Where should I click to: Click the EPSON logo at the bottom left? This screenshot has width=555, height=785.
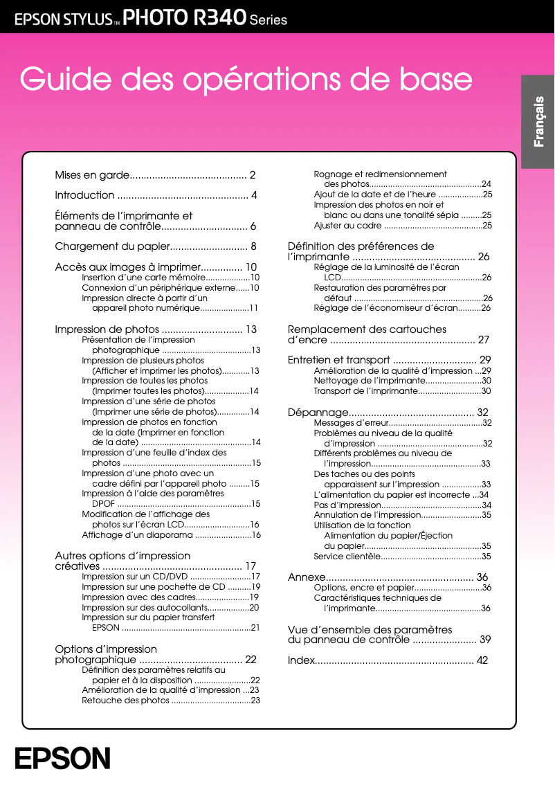pyautogui.click(x=63, y=758)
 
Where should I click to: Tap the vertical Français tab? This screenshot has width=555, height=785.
pyautogui.click(x=538, y=122)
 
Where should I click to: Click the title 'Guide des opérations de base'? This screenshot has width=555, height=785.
pyautogui.click(x=246, y=80)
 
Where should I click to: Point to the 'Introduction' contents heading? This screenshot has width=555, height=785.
pyautogui.click(x=84, y=195)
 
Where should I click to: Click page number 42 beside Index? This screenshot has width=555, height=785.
pyautogui.click(x=482, y=660)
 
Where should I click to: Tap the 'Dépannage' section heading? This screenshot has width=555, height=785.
pyautogui.click(x=317, y=413)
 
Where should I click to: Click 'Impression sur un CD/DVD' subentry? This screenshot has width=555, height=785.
pyautogui.click(x=135, y=576)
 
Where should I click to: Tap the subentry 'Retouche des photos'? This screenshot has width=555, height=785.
pyautogui.click(x=125, y=701)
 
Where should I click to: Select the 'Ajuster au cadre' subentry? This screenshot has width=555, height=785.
pyautogui.click(x=347, y=226)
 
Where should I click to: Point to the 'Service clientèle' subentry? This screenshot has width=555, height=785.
pyautogui.click(x=347, y=556)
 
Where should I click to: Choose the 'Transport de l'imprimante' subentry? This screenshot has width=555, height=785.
pyautogui.click(x=365, y=391)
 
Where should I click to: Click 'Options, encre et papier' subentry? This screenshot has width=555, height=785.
pyautogui.click(x=363, y=588)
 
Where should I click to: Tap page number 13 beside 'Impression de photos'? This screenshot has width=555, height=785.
pyautogui.click(x=251, y=330)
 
